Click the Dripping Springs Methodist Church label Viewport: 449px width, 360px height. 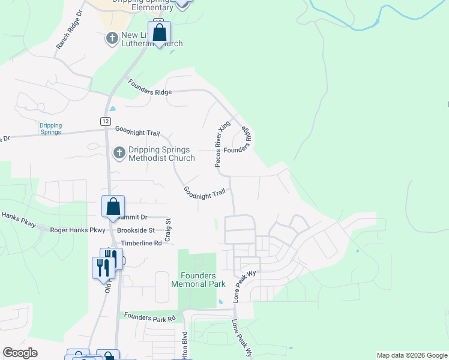[161, 154]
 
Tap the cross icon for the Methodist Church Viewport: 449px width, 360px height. [119, 153]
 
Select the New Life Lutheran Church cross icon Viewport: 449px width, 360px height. [112, 39]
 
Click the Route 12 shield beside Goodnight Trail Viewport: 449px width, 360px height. [105, 121]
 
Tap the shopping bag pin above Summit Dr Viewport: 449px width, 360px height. [113, 207]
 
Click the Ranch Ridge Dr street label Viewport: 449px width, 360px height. [68, 37]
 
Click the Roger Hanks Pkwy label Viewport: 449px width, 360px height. [77, 230]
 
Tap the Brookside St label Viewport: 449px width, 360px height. [136, 230]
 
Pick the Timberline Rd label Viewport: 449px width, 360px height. [142, 244]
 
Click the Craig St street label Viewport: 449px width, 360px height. [168, 230]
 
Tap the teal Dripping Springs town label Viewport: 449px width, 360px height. [50, 128]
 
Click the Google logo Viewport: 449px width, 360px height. [20, 353]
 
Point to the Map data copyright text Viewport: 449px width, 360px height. [412, 355]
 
